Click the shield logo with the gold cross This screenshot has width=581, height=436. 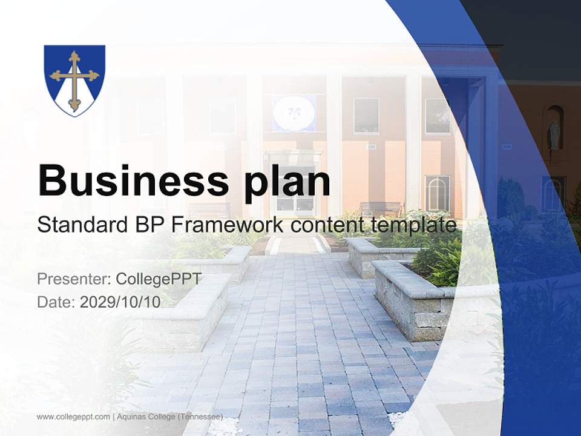click(74, 80)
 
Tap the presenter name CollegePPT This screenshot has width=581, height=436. click(159, 279)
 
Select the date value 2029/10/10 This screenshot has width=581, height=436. click(120, 302)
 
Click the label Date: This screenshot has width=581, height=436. click(56, 302)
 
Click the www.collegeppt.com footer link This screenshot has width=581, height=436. click(73, 417)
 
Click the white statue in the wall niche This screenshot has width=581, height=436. click(554, 134)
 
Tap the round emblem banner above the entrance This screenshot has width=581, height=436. click(293, 113)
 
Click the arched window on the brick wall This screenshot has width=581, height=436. click(437, 193)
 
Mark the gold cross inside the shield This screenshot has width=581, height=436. click(74, 80)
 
